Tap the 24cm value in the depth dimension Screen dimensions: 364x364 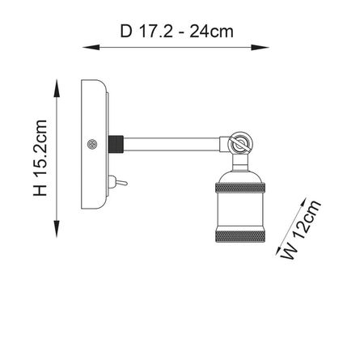212,32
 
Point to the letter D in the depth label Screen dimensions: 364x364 125,32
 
